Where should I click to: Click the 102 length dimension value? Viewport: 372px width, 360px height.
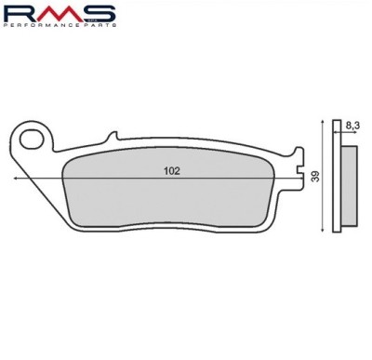(172, 171)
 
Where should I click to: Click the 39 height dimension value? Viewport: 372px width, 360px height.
(315, 176)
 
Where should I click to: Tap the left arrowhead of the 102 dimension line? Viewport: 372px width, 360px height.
(16, 179)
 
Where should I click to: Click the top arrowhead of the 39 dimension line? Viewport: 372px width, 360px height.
(324, 121)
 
